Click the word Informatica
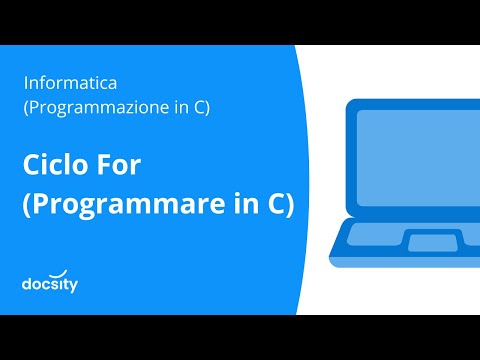70,82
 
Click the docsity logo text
50,285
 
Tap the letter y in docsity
73,287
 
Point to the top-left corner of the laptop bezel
349,103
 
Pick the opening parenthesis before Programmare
26,203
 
